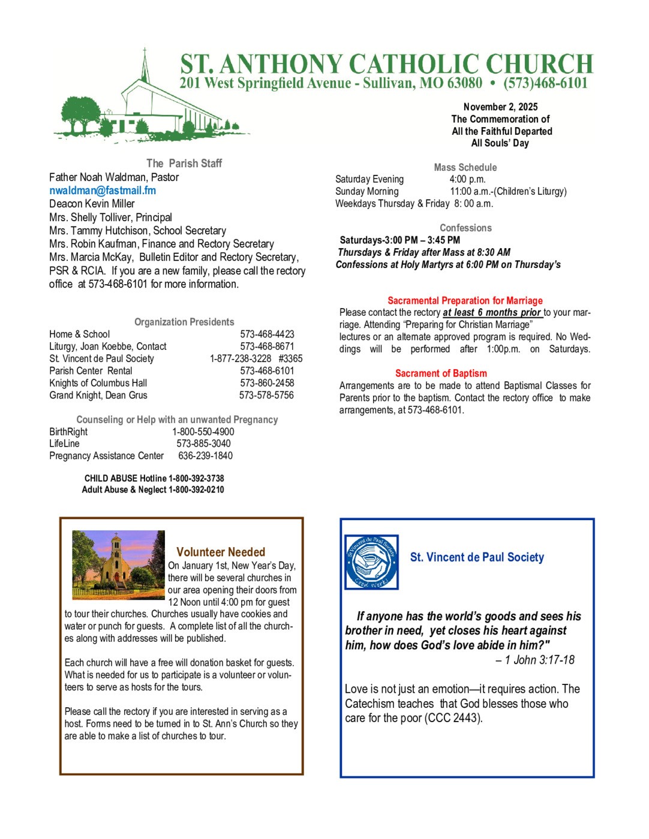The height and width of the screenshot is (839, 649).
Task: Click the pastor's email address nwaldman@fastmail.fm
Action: tap(103, 191)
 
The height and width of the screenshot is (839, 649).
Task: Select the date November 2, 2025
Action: tap(500, 107)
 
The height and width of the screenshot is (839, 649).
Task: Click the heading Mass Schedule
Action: tap(465, 167)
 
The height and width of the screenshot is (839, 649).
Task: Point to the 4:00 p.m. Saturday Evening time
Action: tap(467, 179)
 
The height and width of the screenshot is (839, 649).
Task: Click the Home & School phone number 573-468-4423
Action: tap(267, 334)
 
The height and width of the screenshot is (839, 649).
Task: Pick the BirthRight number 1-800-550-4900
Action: tap(203, 432)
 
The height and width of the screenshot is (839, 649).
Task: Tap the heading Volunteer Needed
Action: tap(221, 552)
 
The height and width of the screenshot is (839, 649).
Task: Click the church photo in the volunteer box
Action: tap(118, 565)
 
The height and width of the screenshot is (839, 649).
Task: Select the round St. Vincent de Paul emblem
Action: tap(371, 562)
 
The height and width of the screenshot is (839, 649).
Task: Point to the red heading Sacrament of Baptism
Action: tap(441, 373)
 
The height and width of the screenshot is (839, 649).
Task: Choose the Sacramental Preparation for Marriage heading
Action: tap(465, 301)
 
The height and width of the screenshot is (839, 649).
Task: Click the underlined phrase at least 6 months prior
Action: tap(492, 313)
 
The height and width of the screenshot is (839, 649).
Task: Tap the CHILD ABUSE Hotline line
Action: tap(154, 478)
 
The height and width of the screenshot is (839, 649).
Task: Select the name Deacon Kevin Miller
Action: tap(92, 204)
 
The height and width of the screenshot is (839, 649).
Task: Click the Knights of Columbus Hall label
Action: tap(98, 383)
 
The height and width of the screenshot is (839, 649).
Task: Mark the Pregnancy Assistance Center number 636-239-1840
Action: tap(205, 456)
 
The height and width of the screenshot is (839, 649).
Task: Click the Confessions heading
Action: tap(465, 228)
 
